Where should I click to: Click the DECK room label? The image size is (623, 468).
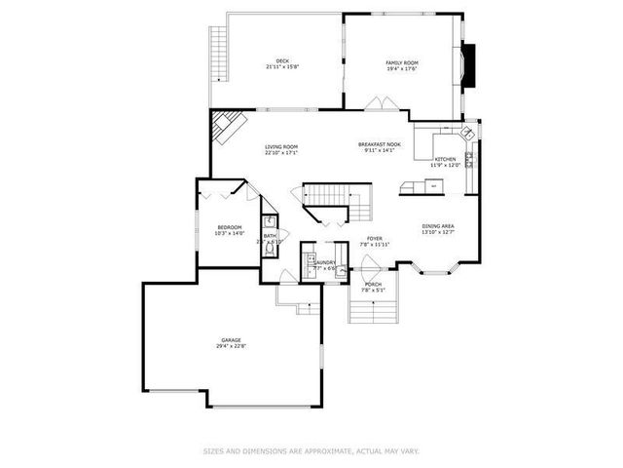(x=282, y=61)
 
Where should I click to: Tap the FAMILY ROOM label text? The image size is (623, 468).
(x=401, y=61)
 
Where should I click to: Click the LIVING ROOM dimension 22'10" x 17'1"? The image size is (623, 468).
(x=281, y=153)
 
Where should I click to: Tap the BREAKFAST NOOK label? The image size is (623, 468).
(x=379, y=144)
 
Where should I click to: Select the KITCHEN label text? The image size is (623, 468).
(x=446, y=159)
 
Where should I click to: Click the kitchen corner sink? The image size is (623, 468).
(x=468, y=131)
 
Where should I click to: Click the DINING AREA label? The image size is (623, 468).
(x=437, y=226)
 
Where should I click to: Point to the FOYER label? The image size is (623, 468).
(x=374, y=238)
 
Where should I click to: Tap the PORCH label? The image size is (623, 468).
(x=374, y=284)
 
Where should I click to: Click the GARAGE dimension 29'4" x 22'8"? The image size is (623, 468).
(x=231, y=346)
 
